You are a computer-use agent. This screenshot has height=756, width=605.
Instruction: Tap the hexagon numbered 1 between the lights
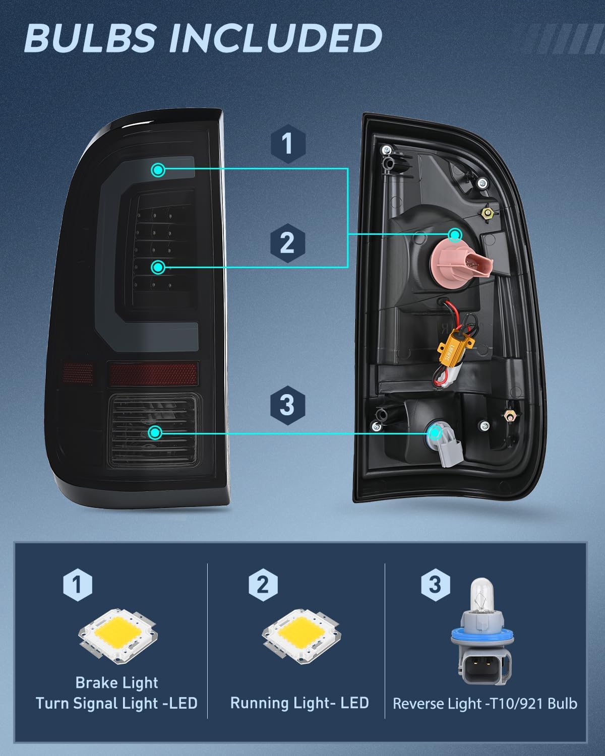pyautogui.click(x=288, y=144)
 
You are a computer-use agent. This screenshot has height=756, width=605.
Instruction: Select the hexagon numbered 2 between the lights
pyautogui.click(x=287, y=243)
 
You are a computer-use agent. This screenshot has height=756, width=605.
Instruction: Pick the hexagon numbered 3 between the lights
pyautogui.click(x=287, y=405)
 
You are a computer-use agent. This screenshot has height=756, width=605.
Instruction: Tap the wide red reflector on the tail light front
pyautogui.click(x=153, y=374)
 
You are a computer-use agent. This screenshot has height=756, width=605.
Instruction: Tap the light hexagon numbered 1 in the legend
pyautogui.click(x=78, y=585)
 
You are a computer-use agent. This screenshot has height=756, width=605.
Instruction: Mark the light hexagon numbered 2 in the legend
pyautogui.click(x=263, y=585)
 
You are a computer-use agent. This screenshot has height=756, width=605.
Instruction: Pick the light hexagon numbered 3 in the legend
pyautogui.click(x=436, y=585)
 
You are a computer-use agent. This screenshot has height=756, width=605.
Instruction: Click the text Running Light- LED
pyautogui.click(x=299, y=703)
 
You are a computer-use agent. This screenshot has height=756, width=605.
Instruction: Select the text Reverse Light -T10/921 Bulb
pyautogui.click(x=485, y=704)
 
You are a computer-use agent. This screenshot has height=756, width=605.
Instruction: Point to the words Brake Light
pyautogui.click(x=116, y=682)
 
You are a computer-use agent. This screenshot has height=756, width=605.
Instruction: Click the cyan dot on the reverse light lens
pyautogui.click(x=155, y=433)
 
